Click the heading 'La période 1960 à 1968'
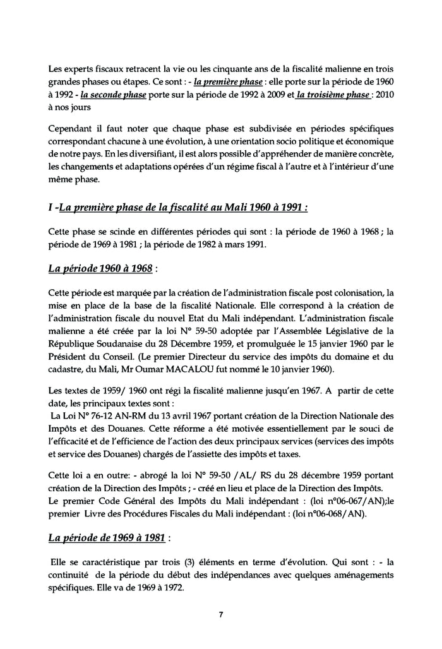coord(100,268)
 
